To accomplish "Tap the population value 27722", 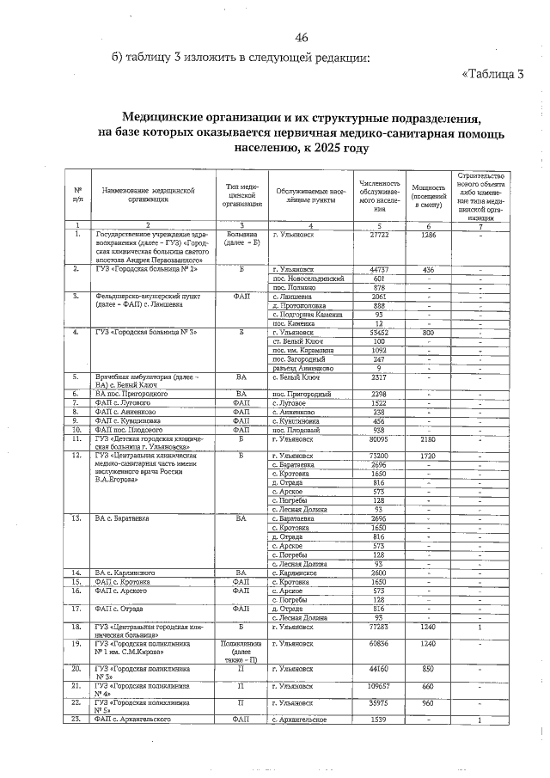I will pos(378,234).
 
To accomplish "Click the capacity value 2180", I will pos(428,438).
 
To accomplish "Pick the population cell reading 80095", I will pos(378,438).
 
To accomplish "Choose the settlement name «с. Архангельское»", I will pos(299,719).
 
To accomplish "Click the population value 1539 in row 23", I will pos(378,719).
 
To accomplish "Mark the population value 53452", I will pos(378,332).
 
